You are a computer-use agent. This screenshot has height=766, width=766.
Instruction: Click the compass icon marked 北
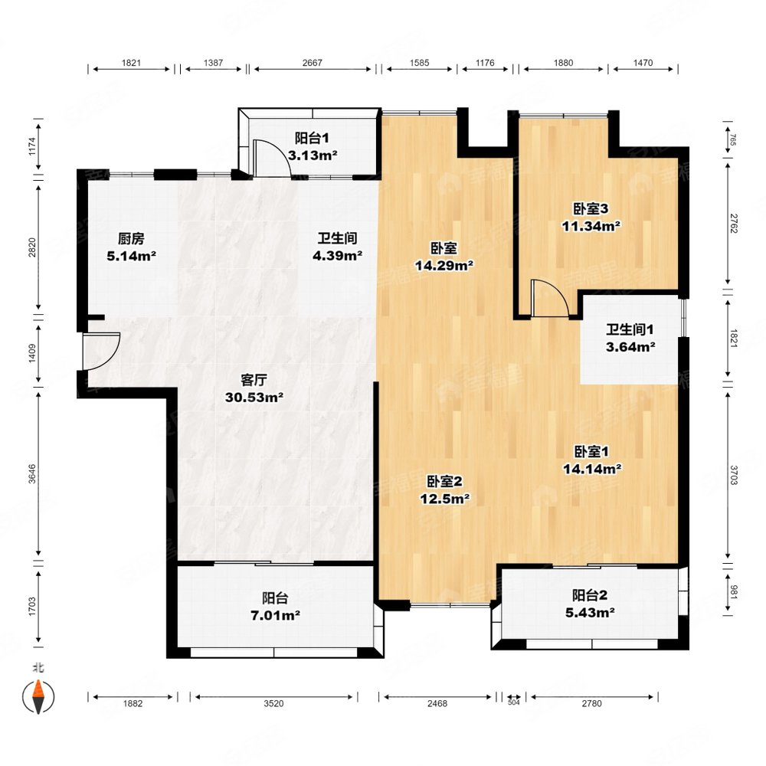pyautogui.click(x=38, y=696)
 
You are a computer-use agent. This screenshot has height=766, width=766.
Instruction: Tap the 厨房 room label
pyautogui.click(x=132, y=238)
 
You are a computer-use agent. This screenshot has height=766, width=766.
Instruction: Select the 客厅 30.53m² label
pyautogui.click(x=254, y=388)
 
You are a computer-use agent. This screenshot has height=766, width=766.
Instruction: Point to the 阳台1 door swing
pyautogui.click(x=272, y=157)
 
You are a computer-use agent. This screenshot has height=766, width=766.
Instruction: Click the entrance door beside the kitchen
pyautogui.click(x=101, y=352)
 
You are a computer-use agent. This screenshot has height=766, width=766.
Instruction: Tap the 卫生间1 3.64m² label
pyautogui.click(x=630, y=338)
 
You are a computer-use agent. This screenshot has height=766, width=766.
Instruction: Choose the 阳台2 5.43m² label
pyautogui.click(x=590, y=604)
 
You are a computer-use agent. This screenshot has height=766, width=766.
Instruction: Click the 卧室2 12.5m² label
pyautogui.click(x=444, y=490)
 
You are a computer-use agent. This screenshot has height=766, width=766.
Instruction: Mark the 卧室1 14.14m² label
pyautogui.click(x=592, y=460)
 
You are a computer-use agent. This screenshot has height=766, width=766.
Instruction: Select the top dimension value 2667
pyautogui.click(x=313, y=63)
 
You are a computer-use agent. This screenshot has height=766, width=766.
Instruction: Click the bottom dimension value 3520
pyautogui.click(x=273, y=703)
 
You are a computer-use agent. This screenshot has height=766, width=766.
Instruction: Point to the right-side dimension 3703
pyautogui.click(x=733, y=475)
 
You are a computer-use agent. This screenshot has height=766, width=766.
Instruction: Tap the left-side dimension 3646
pyautogui.click(x=32, y=474)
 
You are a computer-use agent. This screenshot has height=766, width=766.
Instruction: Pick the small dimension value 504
pyautogui.click(x=513, y=702)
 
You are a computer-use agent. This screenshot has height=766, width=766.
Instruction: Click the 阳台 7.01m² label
pyautogui.click(x=275, y=606)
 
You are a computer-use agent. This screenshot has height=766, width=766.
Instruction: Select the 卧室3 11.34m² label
pyautogui.click(x=591, y=218)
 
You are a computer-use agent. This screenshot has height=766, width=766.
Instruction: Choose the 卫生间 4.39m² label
pyautogui.click(x=337, y=247)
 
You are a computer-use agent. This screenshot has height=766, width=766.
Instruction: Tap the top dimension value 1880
pyautogui.click(x=563, y=63)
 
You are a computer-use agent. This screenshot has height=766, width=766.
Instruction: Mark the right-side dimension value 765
pyautogui.click(x=733, y=139)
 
